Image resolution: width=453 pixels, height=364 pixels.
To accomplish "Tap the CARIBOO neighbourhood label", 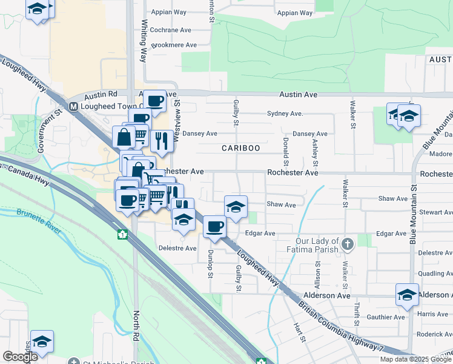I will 240,148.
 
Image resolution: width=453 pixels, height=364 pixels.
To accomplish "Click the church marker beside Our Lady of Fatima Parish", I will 347,244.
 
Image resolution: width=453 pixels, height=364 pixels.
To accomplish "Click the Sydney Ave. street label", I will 285,113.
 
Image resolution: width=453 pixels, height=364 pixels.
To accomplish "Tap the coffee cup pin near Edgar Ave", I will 214,227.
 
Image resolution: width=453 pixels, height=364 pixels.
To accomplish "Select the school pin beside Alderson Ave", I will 407,295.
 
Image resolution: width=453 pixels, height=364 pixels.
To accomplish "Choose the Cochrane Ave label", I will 170,30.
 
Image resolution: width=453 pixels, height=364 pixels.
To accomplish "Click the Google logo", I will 20,357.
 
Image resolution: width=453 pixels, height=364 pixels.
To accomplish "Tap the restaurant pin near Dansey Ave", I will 162,142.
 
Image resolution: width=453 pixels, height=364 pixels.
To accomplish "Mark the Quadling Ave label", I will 431,274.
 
